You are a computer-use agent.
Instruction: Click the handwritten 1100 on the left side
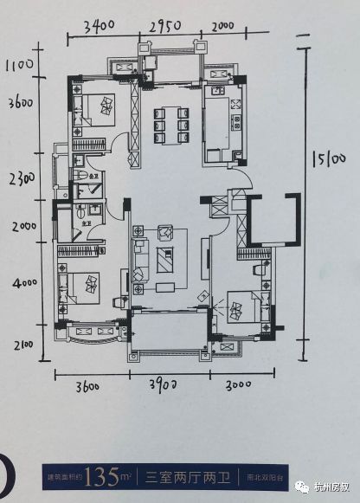click(x=18, y=64)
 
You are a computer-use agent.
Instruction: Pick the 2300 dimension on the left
click(x=18, y=179)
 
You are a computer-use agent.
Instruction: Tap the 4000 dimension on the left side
click(x=24, y=282)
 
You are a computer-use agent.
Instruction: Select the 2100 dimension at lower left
click(x=22, y=345)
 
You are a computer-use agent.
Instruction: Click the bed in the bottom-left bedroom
click(x=83, y=287)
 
